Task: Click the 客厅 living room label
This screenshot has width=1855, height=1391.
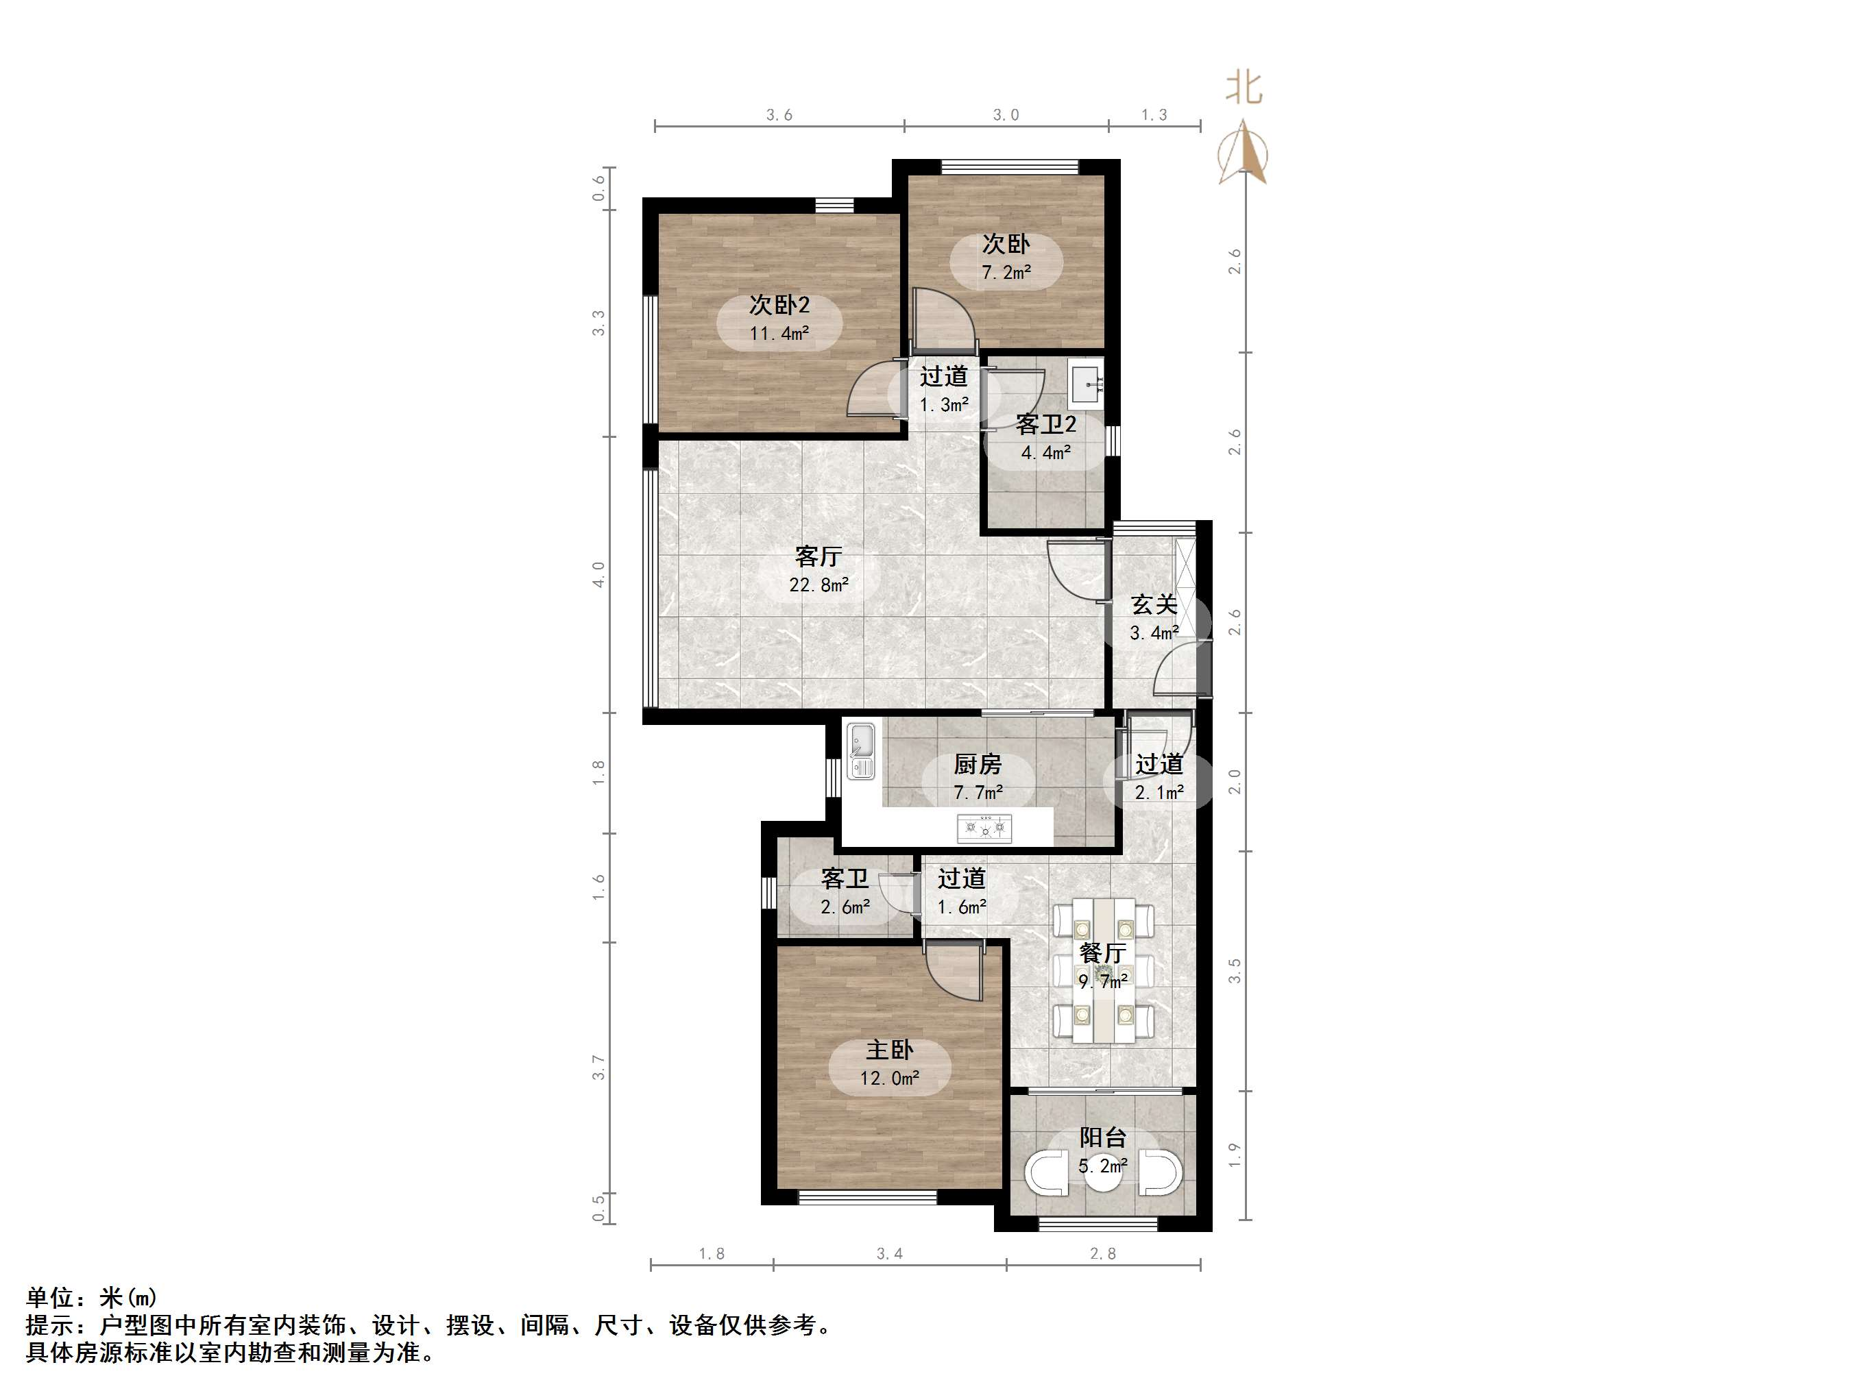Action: [818, 556]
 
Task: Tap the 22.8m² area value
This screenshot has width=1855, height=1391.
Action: [818, 585]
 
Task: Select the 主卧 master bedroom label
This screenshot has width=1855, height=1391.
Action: [889, 1050]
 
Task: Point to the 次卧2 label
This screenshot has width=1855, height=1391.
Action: [779, 304]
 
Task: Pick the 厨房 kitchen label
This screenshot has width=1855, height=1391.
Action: [977, 764]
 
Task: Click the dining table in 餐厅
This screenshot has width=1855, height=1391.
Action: [1103, 971]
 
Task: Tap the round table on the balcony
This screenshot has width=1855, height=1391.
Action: [1102, 1174]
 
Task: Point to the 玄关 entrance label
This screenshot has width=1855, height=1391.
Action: [1154, 604]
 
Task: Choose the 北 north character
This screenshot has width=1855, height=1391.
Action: [1243, 88]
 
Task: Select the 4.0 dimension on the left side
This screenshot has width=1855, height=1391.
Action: [598, 574]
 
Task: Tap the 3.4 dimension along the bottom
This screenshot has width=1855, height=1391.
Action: [889, 1253]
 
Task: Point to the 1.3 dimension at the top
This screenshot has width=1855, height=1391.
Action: [1154, 115]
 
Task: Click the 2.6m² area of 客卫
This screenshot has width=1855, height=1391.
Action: [845, 907]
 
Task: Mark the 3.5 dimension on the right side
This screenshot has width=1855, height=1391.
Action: [1234, 971]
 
